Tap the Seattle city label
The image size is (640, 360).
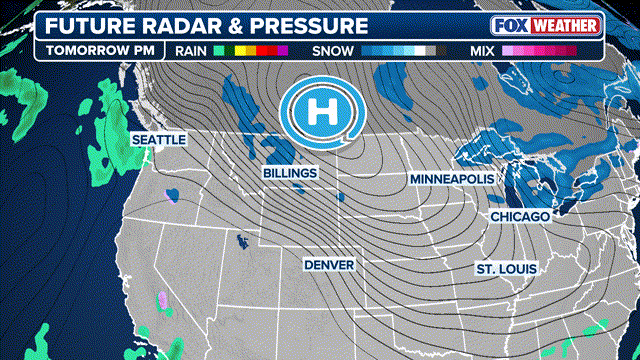pyautogui.click(x=158, y=140)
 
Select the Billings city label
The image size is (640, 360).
pyautogui.click(x=290, y=173)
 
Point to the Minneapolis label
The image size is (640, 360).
pyautogui.click(x=452, y=178)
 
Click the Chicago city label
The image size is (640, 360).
pyautogui.click(x=520, y=217)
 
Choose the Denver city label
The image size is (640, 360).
pyautogui.click(x=330, y=264)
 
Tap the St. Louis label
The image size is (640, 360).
pyautogui.click(x=506, y=269)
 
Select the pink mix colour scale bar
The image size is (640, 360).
pyautogui.click(x=535, y=48)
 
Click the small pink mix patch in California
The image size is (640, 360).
pyautogui.click(x=162, y=298)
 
